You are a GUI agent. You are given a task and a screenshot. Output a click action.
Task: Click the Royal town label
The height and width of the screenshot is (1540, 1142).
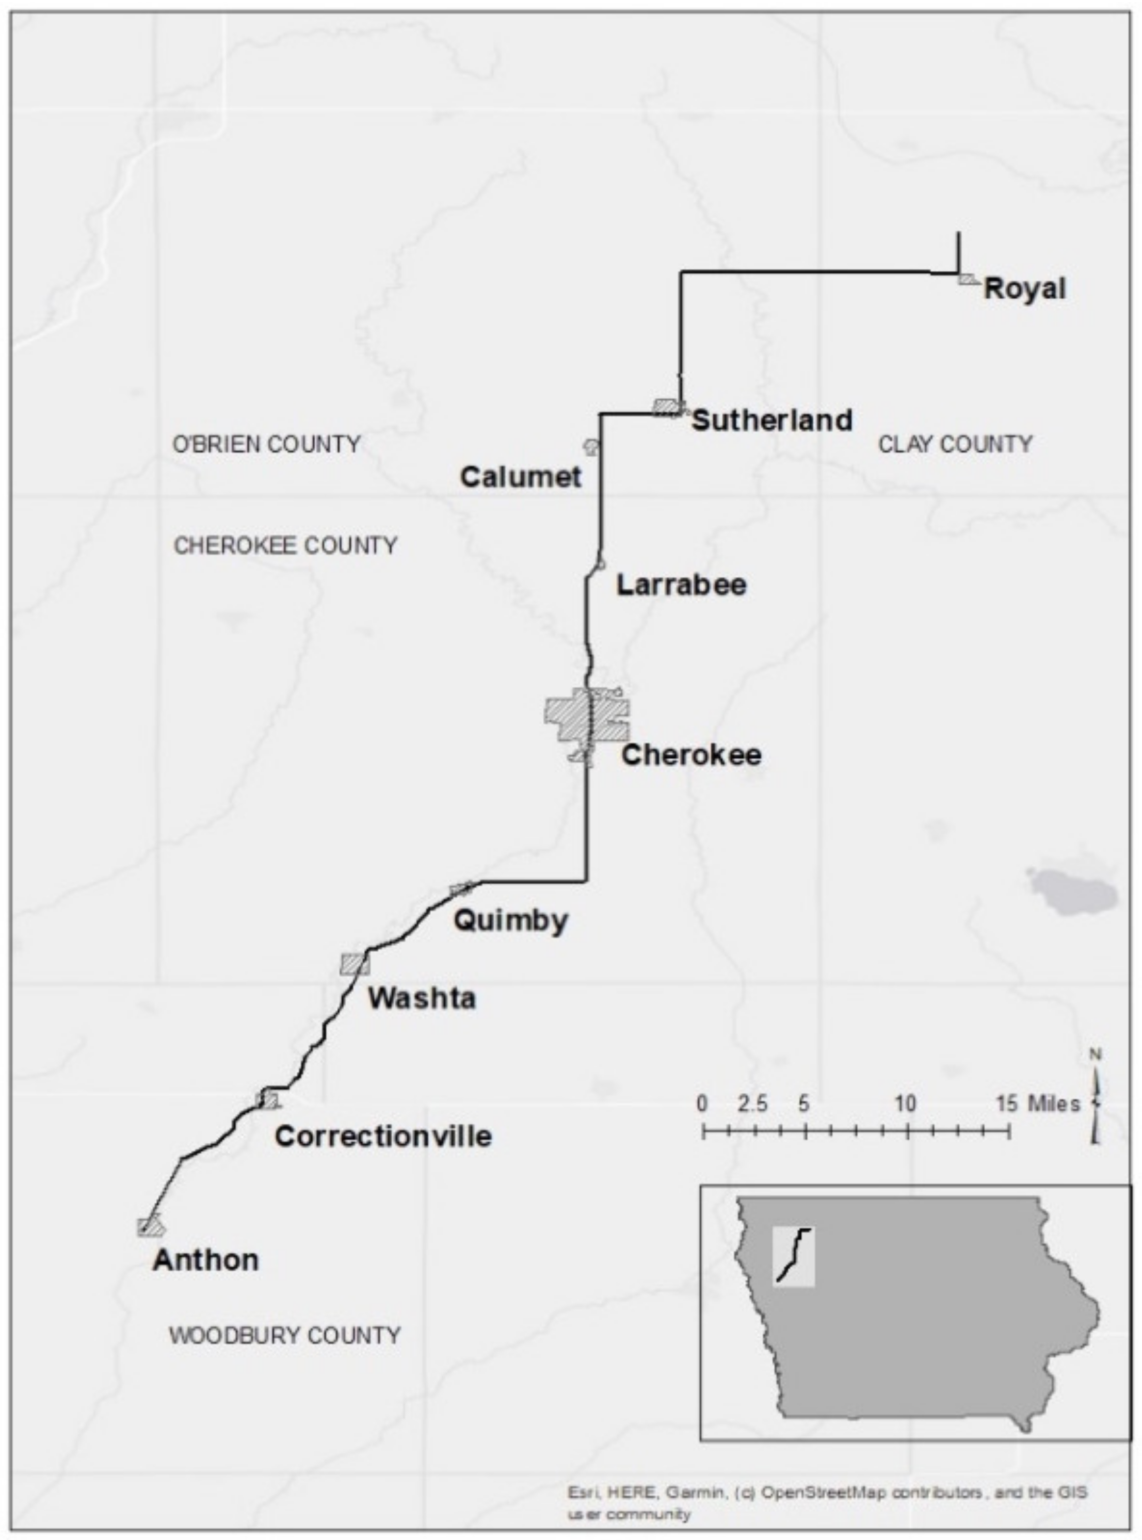[1024, 288]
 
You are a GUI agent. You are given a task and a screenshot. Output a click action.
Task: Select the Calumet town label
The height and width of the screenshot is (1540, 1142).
[521, 476]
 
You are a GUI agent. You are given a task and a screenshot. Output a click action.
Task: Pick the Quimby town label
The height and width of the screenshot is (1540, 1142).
[510, 921]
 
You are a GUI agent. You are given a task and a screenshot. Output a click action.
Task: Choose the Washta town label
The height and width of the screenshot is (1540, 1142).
[421, 998]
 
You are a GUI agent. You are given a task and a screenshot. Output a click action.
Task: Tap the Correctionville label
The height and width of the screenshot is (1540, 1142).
[383, 1137]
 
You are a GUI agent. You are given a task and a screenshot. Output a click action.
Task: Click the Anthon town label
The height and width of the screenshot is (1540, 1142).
[206, 1260]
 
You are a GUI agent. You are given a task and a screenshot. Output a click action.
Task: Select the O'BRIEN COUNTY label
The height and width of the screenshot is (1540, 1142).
[266, 444]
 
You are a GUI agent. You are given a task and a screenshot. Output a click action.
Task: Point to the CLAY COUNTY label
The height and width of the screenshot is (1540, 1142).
[955, 444]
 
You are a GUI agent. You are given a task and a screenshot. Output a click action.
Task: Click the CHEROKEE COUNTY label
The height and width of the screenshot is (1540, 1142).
[285, 546]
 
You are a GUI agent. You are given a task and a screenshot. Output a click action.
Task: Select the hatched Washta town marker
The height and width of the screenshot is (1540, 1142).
[354, 964]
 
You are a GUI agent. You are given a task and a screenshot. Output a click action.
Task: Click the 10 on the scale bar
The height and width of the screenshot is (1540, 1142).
[906, 1105]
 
